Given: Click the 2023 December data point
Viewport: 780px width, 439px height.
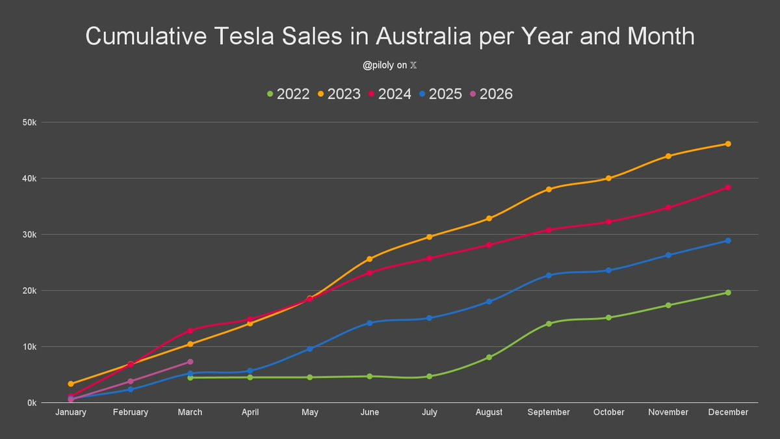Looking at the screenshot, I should point(728,144).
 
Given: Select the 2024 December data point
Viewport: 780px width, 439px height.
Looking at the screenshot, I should point(728,187).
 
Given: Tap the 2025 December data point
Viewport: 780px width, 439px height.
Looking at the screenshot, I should point(728,241).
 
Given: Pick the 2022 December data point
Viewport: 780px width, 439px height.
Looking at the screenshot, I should point(728,293).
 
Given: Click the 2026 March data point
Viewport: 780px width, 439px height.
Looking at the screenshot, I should point(190,362).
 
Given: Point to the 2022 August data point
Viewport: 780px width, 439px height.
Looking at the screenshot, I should point(489,357).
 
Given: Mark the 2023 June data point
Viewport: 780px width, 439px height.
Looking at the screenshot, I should point(369,259).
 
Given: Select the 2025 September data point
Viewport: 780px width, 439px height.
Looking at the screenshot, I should point(549,275).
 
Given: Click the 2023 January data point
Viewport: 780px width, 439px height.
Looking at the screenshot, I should point(70,384).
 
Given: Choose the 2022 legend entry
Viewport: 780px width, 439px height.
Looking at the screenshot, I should point(288,94).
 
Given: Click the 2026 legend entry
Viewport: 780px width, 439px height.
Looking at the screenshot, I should point(491,94).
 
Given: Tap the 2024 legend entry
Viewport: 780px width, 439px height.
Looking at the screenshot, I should point(390,94).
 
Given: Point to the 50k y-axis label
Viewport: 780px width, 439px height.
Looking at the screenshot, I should point(30,122).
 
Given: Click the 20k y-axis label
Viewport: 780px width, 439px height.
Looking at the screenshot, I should point(30,291).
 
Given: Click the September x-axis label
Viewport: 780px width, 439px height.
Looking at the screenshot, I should point(549,412).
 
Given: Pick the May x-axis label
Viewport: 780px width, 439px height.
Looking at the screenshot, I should point(309,412).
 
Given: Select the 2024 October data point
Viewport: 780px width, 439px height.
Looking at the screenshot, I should point(608,222).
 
